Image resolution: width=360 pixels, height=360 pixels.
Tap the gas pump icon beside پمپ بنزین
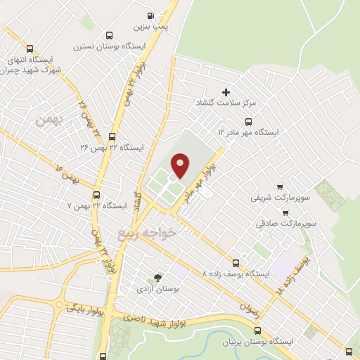(150, 15)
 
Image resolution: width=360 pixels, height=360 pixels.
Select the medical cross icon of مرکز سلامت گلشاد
(226, 92)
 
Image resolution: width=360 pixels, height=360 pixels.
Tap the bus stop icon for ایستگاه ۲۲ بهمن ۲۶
(112, 137)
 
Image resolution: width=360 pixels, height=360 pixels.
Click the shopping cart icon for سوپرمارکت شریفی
(281, 186)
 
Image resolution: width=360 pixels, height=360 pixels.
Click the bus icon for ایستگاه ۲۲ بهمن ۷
(97, 195)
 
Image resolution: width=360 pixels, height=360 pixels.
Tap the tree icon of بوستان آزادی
(157, 278)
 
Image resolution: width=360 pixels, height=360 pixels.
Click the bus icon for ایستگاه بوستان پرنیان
(257, 330)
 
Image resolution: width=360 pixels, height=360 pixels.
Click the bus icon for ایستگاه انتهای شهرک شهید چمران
(30, 49)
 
